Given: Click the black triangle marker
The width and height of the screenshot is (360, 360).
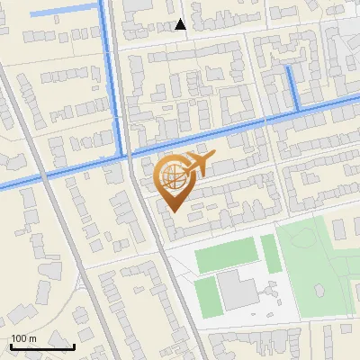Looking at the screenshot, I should click(181, 25).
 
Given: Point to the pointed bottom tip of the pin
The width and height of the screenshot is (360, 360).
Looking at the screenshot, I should click(173, 211).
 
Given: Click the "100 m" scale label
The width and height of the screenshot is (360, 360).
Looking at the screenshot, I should click(23, 337).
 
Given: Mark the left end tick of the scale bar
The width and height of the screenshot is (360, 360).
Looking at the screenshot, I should click(11, 344).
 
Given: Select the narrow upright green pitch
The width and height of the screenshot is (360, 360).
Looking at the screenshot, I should click(267, 252).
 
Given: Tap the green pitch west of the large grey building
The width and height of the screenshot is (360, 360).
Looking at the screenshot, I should click(205, 293).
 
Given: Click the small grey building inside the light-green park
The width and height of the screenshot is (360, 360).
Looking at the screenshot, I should click(319, 290).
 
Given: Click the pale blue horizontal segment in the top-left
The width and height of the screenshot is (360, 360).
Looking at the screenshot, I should click(63, 10).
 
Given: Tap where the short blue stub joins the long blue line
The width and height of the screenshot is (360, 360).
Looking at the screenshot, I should click(298, 110).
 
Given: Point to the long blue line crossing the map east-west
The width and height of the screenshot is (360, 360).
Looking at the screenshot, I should click(225, 128).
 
